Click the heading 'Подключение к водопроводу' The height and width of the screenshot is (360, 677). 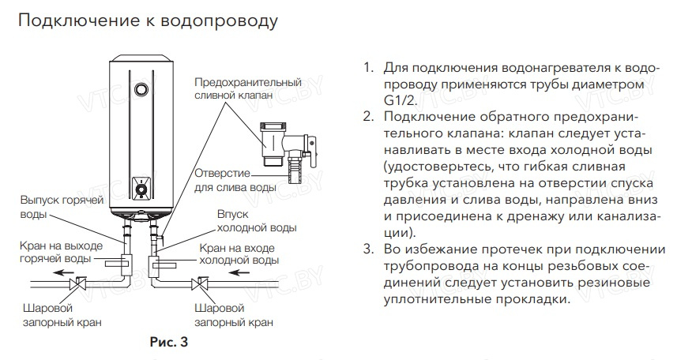[148, 21]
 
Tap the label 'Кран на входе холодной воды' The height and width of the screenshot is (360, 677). [237, 253]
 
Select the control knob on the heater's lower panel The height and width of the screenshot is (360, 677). [141, 189]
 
